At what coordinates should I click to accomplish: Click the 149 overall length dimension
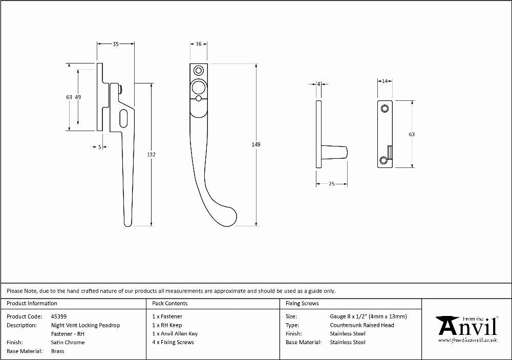coord(256,144)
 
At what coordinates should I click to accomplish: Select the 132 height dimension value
coord(151,155)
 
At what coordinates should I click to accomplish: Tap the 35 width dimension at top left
coord(116,44)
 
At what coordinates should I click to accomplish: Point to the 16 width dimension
coord(199,44)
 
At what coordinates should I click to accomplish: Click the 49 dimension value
coord(78,97)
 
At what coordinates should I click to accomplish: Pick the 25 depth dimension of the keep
coord(331,184)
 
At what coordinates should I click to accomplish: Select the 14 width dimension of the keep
coord(385,81)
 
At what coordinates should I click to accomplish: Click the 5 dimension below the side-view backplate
coord(100,147)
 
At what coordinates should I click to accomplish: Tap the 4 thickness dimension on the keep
coord(318,84)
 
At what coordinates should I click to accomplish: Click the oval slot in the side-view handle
coord(124,118)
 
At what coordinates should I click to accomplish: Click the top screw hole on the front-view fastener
coord(198,71)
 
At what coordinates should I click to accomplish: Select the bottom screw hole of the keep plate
coord(383,160)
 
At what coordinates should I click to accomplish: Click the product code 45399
coord(59,316)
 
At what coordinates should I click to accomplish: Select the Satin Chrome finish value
coord(68,343)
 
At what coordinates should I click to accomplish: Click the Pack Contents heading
coord(170,303)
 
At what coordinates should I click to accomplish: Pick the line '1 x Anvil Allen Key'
coord(175,333)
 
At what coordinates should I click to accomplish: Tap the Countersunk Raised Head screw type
coord(362,325)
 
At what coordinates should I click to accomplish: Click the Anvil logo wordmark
coord(468,327)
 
